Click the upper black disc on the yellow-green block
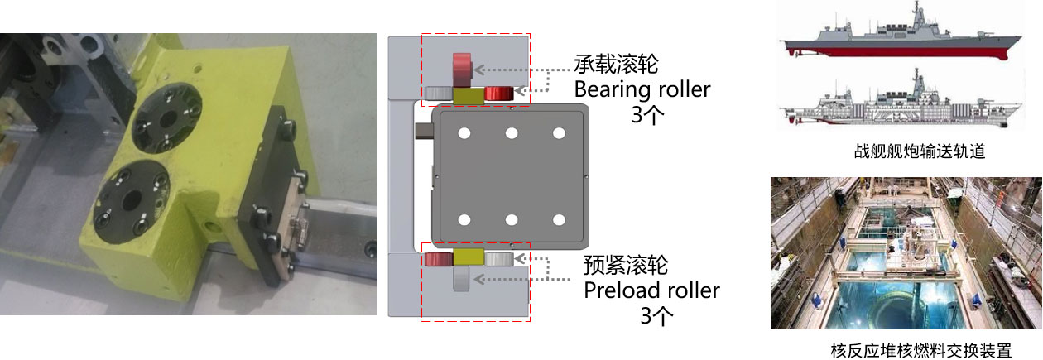pos(166,118)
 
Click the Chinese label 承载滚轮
pos(616,65)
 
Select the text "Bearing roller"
pos(642,89)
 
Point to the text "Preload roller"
pos(651,290)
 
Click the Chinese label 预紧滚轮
pos(626,265)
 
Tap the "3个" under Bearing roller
pos(647,114)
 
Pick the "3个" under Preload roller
pos(656,316)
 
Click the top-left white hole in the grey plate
pos(464,134)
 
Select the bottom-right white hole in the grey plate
pos(559,220)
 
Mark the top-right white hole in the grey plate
pos(559,134)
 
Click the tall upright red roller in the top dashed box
pos(462,70)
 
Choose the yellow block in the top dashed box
pos(469,96)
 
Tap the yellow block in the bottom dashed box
pos(469,257)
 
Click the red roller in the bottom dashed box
pos(439,259)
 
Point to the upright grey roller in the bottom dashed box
pos(461,279)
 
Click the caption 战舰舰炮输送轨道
pos(920,151)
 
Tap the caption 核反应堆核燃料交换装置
pos(921,350)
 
